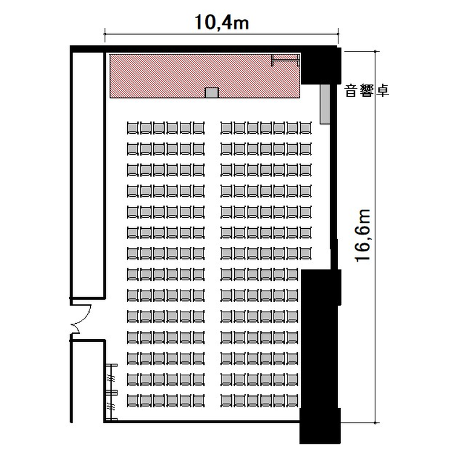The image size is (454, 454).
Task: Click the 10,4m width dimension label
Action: pos(222,22)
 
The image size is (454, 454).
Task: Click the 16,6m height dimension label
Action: pos(363,235)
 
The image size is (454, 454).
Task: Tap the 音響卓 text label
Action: pos(367,91)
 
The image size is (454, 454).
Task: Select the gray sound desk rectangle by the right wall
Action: pos(325,104)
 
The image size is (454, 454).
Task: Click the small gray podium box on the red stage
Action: pos(212,93)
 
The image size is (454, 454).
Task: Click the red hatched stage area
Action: pos(205,76)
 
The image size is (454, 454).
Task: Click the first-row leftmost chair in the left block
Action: pos(133,128)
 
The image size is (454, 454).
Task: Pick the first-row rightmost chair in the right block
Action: pos(306,128)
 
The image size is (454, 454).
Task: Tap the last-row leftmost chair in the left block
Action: pos(133,401)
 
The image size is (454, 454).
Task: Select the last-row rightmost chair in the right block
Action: pos(292,401)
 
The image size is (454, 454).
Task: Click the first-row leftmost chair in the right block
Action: pos(226,128)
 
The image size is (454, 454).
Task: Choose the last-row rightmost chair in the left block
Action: pos(199,401)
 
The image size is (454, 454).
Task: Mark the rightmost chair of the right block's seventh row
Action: pos(306,254)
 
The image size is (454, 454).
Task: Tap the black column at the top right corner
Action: pos(321,66)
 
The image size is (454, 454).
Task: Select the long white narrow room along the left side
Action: pos(88,175)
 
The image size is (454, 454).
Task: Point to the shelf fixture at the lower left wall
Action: pos(111,392)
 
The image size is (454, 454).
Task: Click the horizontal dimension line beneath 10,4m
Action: pos(222,34)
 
